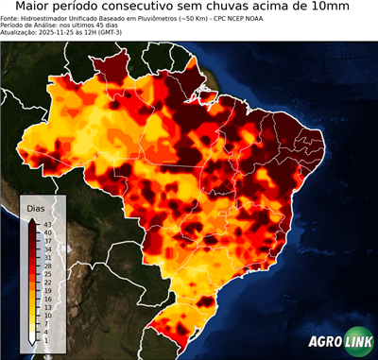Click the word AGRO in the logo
[x=325, y=343]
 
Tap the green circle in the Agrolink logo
[x=344, y=343]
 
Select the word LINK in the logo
[x=360, y=343]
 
